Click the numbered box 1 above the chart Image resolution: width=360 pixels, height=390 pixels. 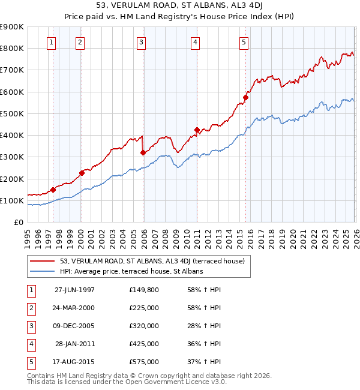click(x=52, y=42)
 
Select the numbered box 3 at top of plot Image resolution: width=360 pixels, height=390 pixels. click(x=141, y=42)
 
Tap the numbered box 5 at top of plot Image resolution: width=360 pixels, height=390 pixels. click(x=244, y=42)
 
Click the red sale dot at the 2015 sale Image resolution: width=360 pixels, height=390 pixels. click(x=245, y=97)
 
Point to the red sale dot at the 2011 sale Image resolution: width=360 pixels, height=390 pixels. click(x=197, y=130)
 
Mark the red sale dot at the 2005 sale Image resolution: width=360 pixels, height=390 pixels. click(x=143, y=152)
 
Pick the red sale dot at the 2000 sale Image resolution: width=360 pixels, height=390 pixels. click(x=82, y=173)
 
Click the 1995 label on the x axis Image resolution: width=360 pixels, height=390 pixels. click(x=28, y=234)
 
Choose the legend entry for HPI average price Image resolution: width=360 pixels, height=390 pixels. click(x=131, y=271)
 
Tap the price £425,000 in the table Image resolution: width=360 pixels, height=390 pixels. click(x=144, y=344)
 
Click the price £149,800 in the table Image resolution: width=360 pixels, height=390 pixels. click(x=144, y=290)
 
